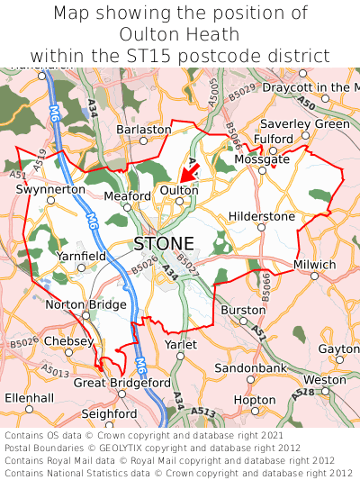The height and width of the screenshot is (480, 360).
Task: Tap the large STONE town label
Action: tap(163, 243)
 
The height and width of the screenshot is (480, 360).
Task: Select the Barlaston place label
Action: tap(143, 130)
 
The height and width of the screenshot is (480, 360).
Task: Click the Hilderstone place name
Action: tap(262, 216)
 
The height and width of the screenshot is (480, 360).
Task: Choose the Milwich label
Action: tap(314, 265)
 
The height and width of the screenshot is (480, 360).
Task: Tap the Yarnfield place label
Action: tap(82, 257)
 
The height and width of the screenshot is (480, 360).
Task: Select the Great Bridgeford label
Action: tap(122, 382)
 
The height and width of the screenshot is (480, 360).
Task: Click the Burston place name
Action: tap(243, 310)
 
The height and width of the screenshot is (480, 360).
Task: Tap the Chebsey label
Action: tap(67, 341)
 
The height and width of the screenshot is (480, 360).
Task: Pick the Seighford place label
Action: tap(110, 413)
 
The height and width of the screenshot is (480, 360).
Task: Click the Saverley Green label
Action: tap(304, 123)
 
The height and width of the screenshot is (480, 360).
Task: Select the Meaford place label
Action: tap(128, 195)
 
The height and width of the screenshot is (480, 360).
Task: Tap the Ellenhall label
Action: tap(29, 397)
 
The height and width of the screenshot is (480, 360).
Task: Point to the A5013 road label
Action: tap(55, 372)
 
